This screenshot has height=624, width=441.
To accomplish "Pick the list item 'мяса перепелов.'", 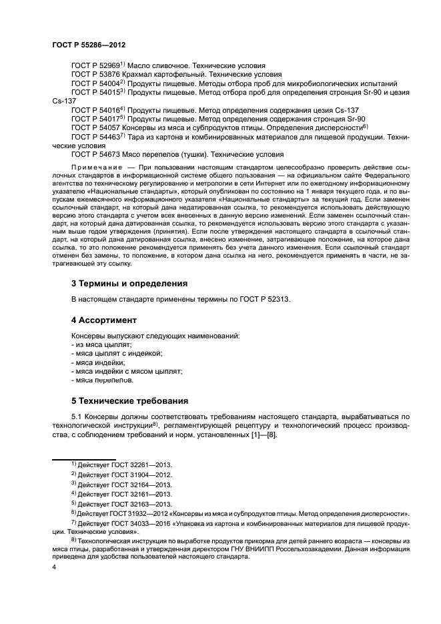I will point(103,380).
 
